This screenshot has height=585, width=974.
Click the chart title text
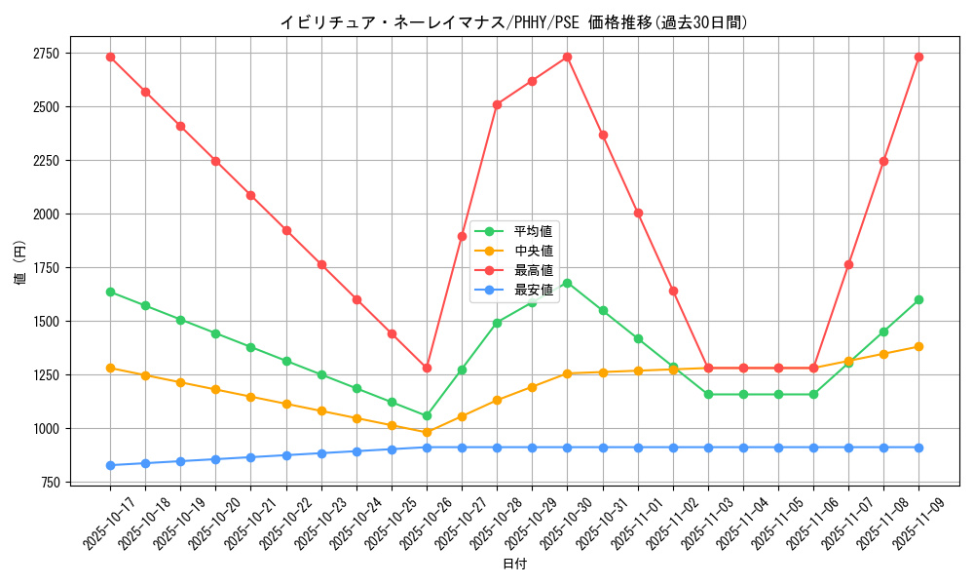tap(514, 22)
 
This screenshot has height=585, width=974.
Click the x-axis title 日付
tap(514, 565)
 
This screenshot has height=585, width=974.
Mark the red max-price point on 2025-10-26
tap(427, 368)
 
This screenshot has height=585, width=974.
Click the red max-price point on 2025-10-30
tap(567, 57)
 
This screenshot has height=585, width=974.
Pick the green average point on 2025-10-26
tap(427, 415)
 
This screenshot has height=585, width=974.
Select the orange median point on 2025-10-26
tap(427, 432)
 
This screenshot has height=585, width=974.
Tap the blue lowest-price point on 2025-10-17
tap(110, 465)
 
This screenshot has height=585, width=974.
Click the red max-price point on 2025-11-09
tap(918, 57)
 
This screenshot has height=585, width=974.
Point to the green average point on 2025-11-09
tap(918, 299)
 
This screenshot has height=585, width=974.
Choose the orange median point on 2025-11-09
tap(918, 346)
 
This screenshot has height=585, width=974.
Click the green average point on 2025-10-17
tap(110, 292)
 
